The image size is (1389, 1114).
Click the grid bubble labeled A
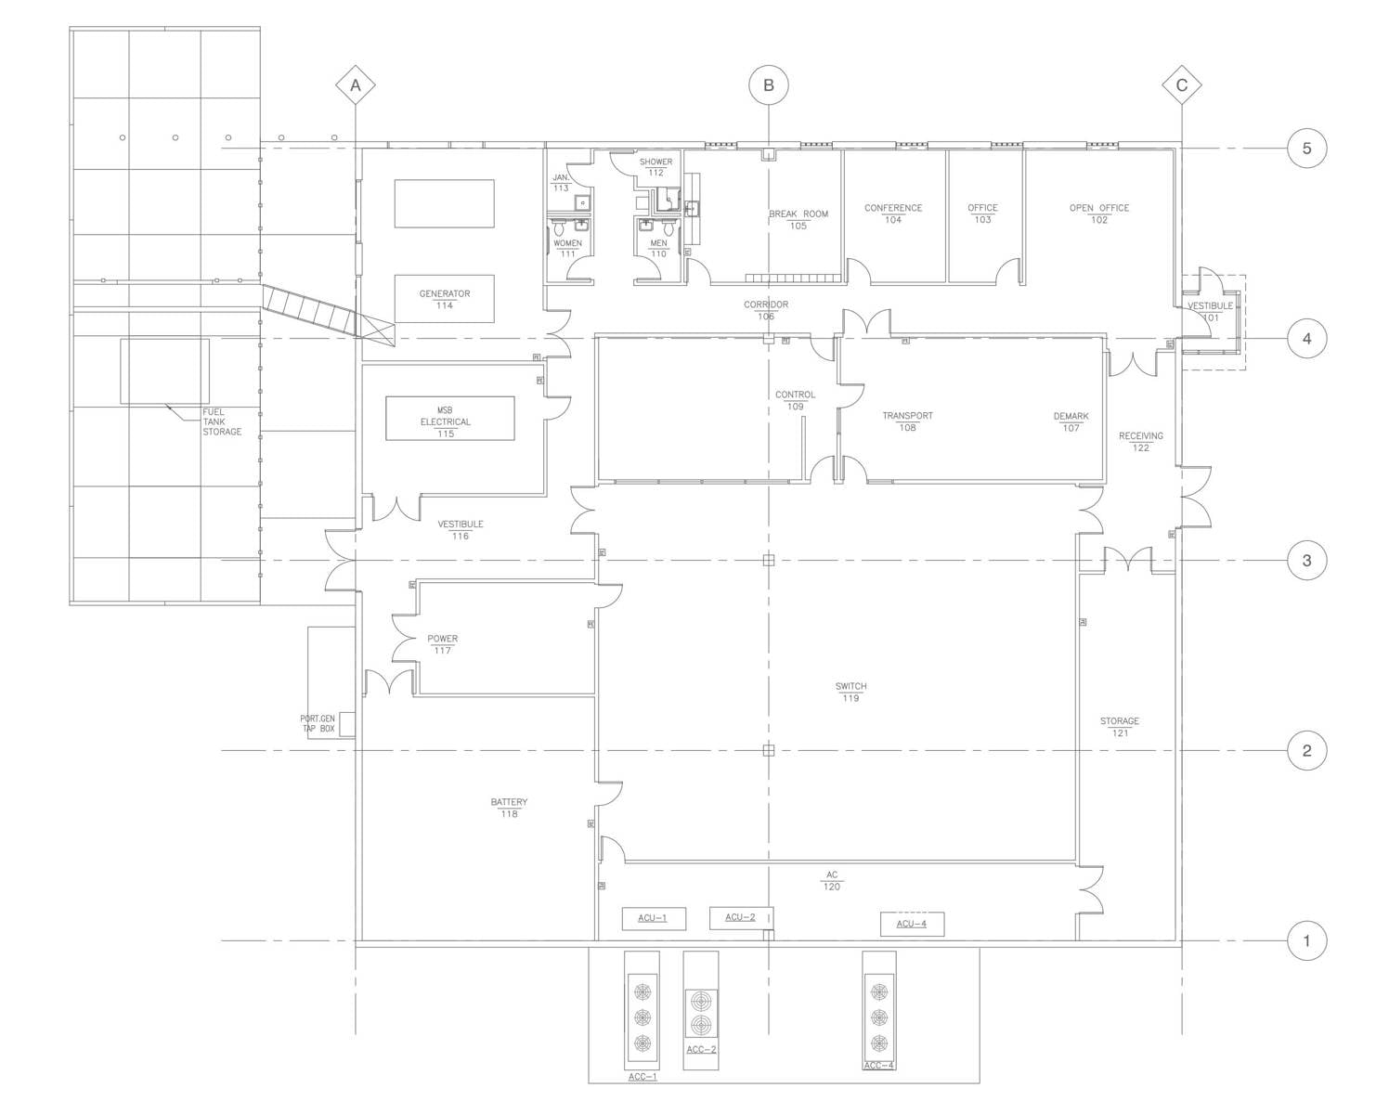click(355, 86)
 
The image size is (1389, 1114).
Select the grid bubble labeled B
click(768, 85)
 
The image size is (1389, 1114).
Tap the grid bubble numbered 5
click(1306, 149)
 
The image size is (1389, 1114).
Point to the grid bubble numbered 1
click(1306, 940)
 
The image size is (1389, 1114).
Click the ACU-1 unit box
click(654, 919)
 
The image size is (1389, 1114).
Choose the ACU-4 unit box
click(912, 924)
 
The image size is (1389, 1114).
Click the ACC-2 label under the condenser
click(701, 1050)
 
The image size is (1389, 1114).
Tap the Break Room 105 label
click(798, 219)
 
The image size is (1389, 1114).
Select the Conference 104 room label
click(893, 214)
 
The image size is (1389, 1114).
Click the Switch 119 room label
click(850, 692)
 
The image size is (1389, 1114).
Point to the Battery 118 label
click(509, 808)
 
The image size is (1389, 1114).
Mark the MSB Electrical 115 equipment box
click(450, 419)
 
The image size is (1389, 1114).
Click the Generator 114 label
click(444, 298)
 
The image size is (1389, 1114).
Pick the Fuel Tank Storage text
click(222, 421)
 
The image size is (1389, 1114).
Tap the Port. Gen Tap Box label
click(318, 723)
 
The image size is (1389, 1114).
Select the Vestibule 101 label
click(1210, 311)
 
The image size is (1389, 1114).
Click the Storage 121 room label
click(1120, 726)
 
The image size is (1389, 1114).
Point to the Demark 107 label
click(1071, 421)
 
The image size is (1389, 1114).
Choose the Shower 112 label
click(656, 166)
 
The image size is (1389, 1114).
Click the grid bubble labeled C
click(1181, 86)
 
